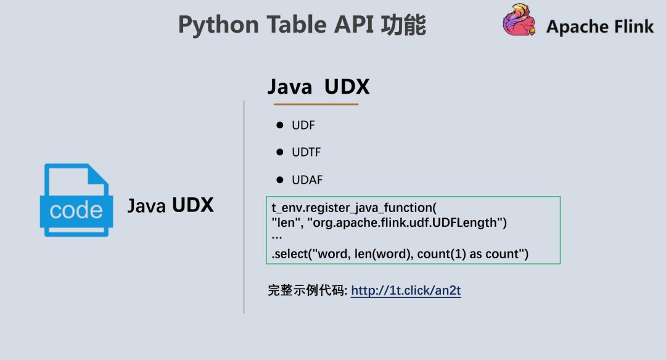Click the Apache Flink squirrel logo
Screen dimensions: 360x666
click(519, 21)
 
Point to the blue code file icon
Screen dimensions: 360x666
click(76, 200)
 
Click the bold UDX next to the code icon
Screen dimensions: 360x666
click(193, 205)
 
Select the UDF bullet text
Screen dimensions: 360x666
click(303, 125)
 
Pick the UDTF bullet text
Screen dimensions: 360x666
click(306, 152)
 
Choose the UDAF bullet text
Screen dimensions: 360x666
click(307, 180)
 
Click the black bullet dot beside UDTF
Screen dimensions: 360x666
click(279, 152)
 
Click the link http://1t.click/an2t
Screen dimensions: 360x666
click(406, 290)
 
